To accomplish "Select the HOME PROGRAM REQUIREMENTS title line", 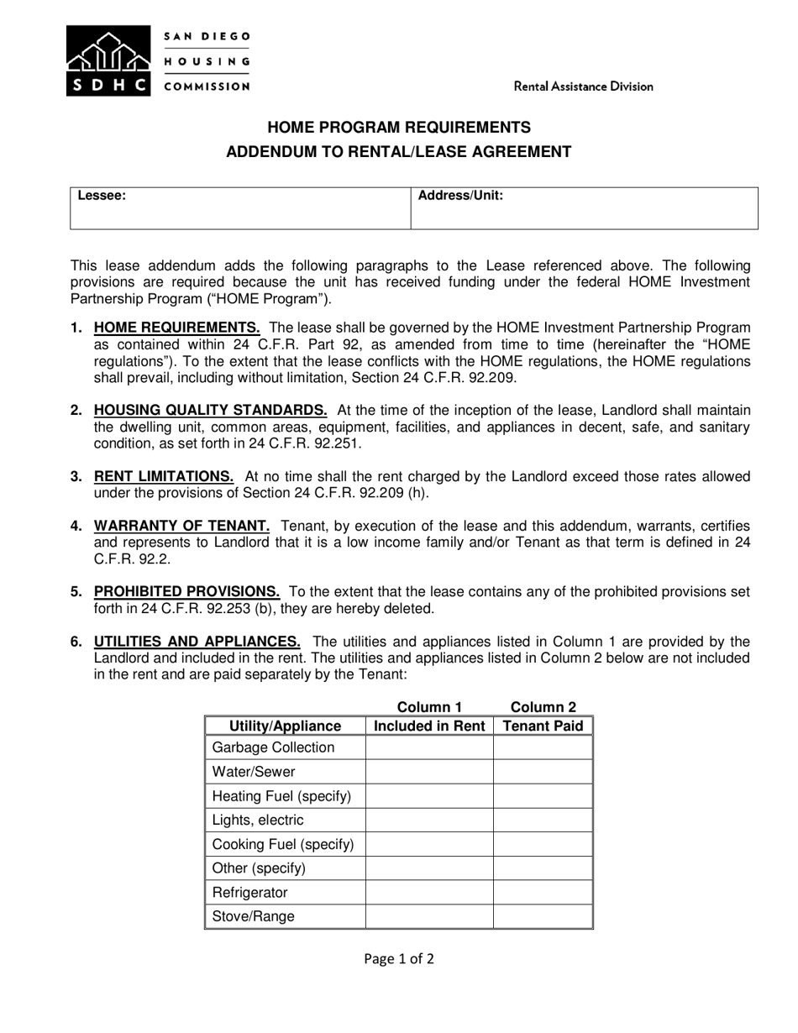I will click(x=398, y=128).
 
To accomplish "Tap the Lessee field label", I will click(x=102, y=196).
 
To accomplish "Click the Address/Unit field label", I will click(x=460, y=196).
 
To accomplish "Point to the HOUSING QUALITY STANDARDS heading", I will click(x=210, y=410).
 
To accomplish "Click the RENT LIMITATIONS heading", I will click(x=164, y=476).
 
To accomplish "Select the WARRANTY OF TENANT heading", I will click(x=181, y=526).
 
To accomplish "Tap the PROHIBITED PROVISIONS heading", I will click(x=186, y=591).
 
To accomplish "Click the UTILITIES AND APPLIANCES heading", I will click(x=197, y=642).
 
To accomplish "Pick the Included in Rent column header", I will click(x=429, y=726).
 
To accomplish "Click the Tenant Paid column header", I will click(x=543, y=726).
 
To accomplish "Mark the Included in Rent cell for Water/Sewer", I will click(x=429, y=771).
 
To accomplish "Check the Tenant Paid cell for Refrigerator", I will click(x=543, y=892).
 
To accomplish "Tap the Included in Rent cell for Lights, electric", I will click(x=429, y=820).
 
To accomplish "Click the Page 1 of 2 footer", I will click(x=399, y=958).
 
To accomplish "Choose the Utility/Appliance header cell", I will click(x=285, y=726).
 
